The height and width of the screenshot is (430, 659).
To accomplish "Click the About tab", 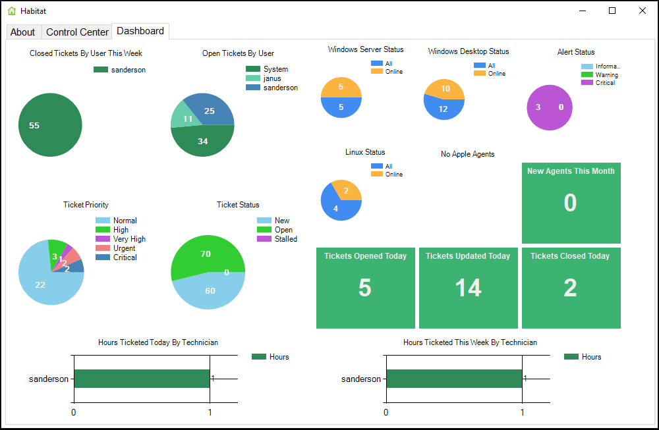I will [22, 32].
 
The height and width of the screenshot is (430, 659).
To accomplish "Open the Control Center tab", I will [77, 32].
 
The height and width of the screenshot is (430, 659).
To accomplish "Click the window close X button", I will [642, 11].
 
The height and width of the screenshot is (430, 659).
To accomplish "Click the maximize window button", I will [612, 11].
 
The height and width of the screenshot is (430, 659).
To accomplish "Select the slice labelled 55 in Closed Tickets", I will [50, 125].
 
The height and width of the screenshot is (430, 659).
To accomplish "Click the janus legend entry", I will [272, 78].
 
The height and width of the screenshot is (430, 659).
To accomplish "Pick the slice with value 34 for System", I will [203, 142].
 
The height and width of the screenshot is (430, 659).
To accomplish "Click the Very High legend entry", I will [129, 239].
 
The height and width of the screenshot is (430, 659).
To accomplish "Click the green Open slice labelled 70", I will [205, 253].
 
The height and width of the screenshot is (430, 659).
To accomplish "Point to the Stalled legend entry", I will [285, 239].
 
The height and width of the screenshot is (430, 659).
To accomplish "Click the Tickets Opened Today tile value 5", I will [364, 288].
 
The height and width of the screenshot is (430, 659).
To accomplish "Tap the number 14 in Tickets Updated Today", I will [468, 288].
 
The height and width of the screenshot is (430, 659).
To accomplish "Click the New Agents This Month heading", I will [571, 171].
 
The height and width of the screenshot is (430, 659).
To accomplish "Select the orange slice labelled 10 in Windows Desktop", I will [445, 89].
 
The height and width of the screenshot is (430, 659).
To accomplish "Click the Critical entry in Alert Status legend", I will [605, 83].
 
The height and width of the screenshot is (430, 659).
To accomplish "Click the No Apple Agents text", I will [467, 154].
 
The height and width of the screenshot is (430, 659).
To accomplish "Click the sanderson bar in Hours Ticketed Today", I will [141, 379].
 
